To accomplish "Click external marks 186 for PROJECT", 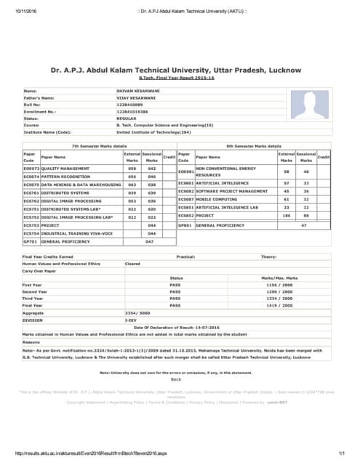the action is [286, 216].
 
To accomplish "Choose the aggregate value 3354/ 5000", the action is [136, 312].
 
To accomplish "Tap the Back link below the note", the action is [175, 379].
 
